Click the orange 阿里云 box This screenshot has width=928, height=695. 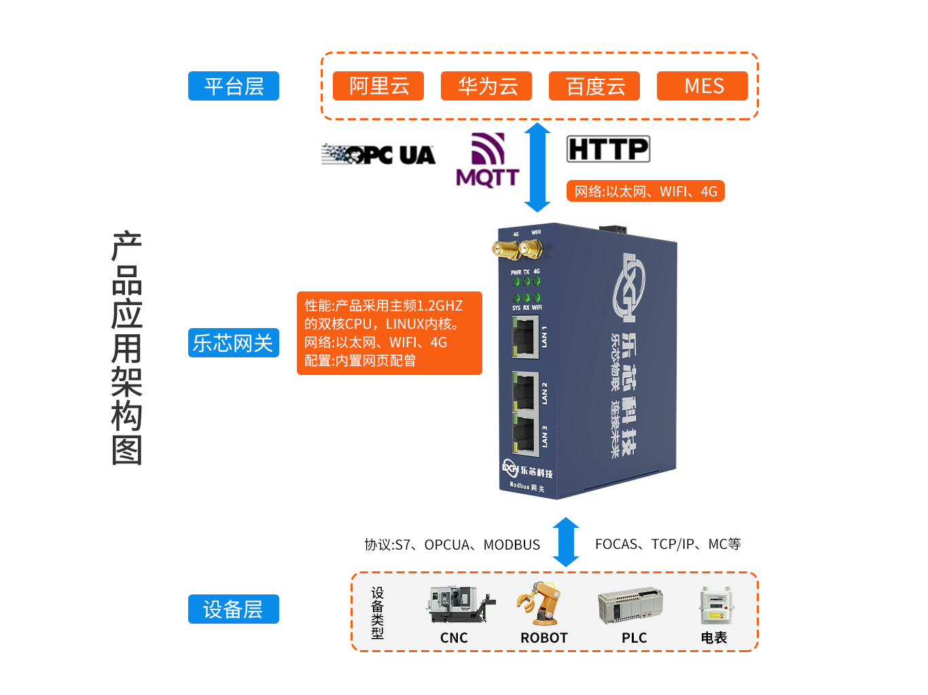point(378,86)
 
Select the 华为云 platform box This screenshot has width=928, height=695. point(486,86)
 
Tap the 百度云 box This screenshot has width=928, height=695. point(594,86)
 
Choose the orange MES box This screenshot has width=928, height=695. point(702,86)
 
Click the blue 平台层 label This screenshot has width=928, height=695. point(234,86)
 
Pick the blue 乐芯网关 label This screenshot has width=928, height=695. point(234,343)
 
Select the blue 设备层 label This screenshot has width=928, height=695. point(234,609)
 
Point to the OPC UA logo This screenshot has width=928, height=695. point(378,155)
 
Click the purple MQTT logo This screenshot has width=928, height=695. point(488,160)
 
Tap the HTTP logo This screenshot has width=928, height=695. point(608,149)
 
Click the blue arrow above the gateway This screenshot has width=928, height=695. point(537,167)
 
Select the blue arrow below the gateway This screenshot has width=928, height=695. point(566,542)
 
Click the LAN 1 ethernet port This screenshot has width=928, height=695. point(524,338)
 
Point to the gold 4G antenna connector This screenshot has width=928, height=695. point(506,250)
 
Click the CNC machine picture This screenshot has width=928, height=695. point(459,604)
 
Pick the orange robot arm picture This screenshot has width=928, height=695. point(541,603)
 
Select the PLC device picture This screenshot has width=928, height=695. point(630,605)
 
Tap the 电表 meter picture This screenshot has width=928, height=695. point(715,605)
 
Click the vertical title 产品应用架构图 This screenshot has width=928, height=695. point(127,348)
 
